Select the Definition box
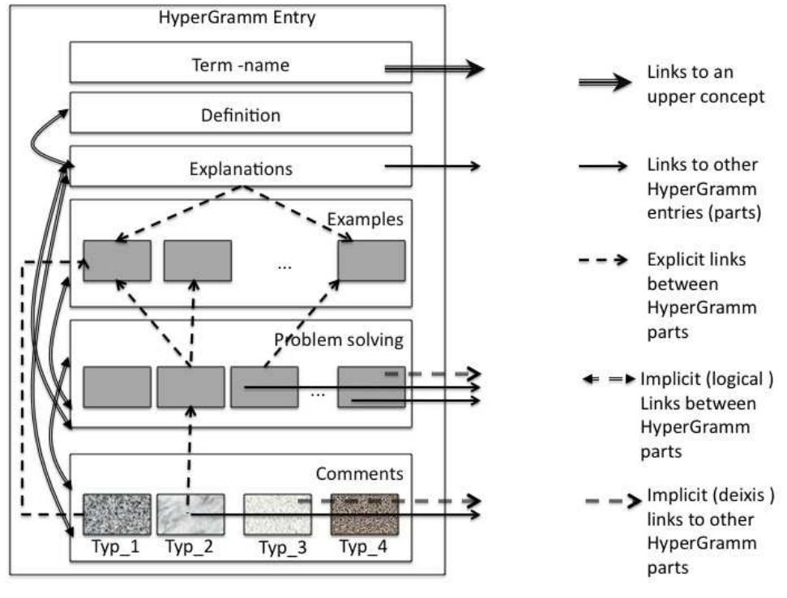click(x=240, y=115)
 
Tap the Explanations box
click(x=240, y=169)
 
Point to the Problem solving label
click(x=339, y=339)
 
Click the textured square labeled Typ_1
click(x=117, y=515)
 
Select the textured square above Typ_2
click(x=190, y=515)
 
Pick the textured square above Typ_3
click(x=277, y=515)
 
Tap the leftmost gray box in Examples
click(x=117, y=260)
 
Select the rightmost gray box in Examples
click(x=371, y=260)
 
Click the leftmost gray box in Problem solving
click(x=117, y=387)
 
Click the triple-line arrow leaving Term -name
click(x=434, y=70)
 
